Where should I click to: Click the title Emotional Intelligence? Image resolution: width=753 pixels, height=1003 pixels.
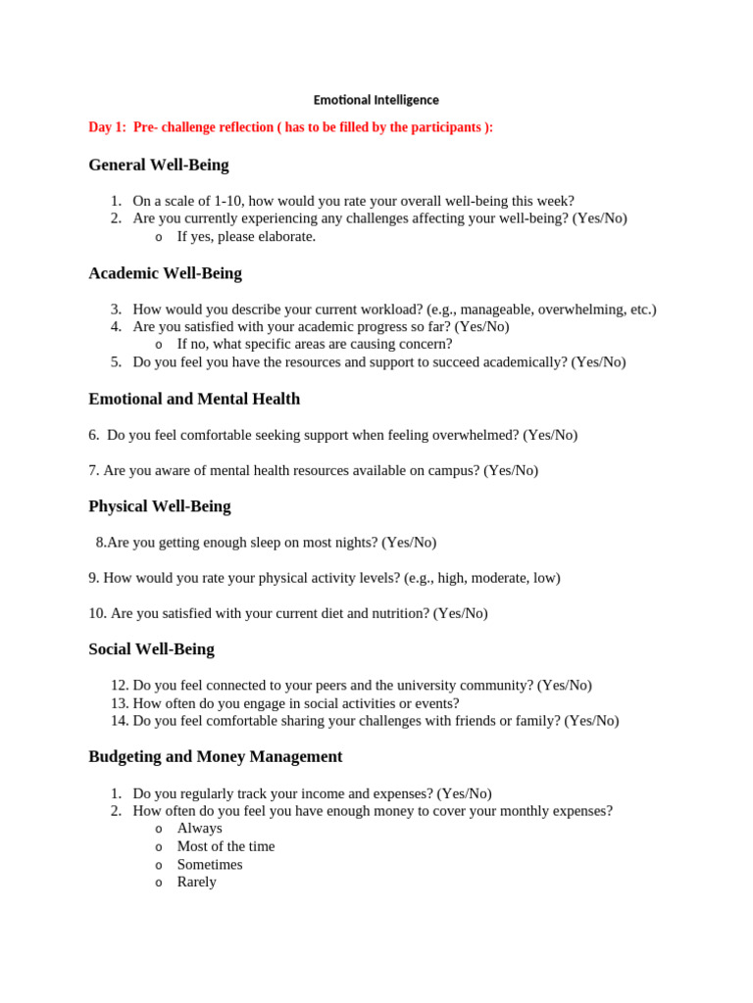coord(376,100)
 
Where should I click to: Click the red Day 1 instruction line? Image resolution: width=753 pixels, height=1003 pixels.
coord(290,127)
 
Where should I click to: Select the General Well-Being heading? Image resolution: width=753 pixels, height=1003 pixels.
coord(158,165)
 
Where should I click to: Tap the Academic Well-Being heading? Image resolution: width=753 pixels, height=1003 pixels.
coord(165,273)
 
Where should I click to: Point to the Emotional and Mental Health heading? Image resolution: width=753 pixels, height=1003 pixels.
coord(194,399)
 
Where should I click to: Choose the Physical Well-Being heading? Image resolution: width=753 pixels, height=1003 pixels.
coord(159,506)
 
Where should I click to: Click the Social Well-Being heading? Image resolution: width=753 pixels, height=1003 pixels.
coord(151,649)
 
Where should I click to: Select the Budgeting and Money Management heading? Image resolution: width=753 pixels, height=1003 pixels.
coord(215,757)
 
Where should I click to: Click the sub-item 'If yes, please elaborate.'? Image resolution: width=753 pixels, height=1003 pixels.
coord(246,236)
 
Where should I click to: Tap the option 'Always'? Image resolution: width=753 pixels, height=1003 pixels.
coord(199,829)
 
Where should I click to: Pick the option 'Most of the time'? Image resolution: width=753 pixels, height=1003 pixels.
coord(226,846)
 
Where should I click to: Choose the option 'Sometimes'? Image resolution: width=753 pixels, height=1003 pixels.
coord(209,865)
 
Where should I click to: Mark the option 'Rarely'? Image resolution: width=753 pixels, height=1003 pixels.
coord(196,882)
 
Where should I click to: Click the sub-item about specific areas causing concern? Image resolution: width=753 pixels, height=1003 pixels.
coord(314,344)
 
